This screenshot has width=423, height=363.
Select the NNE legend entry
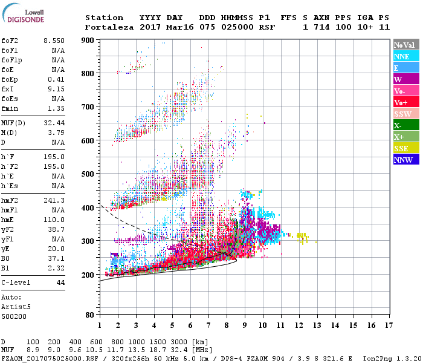point(404,56)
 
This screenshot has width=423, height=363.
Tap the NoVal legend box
point(404,45)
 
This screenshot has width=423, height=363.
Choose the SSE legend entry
point(404,148)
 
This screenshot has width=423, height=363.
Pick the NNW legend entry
point(404,160)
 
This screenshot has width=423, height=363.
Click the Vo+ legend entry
point(404,102)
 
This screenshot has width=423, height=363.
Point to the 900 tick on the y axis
point(88,40)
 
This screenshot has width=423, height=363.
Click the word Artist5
point(17,307)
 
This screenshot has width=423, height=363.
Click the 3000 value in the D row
point(180,342)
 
